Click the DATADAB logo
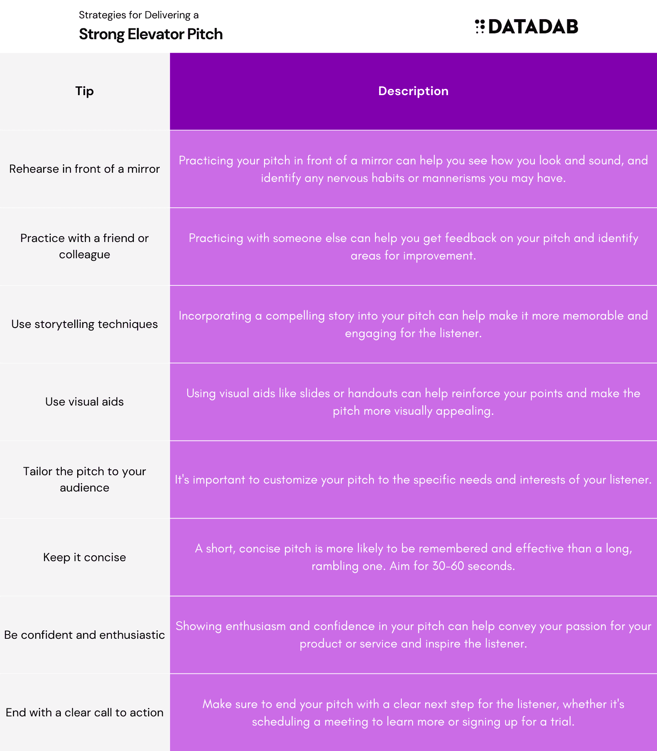526,27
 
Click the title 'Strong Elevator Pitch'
151,34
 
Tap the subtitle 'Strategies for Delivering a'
138,15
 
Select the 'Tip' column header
85,91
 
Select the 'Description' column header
413,91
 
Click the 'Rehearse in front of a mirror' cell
85,169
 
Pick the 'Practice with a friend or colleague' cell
85,246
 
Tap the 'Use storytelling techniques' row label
85,324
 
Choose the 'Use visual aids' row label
85,402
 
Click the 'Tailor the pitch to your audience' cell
85,479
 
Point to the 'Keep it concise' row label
85,557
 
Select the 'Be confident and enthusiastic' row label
85,635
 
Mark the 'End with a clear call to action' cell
85,713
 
